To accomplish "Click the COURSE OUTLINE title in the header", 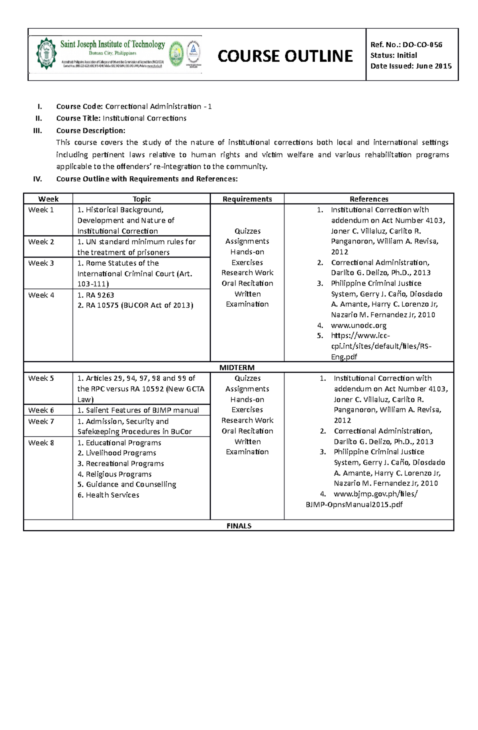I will (285, 56).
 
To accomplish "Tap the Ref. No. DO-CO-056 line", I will (406, 45).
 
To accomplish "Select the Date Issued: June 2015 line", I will (411, 66).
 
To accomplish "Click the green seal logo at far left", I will (46, 54).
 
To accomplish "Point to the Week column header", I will (48, 199).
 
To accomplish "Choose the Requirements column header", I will (247, 199).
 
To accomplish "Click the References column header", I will (369, 199).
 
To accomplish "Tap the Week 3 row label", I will (41, 263).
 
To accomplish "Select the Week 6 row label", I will (41, 410).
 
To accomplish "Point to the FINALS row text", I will (239, 526).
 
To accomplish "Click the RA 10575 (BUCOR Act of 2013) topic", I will (135, 306).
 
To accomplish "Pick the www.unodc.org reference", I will (358, 325).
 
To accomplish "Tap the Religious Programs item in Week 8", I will (115, 474).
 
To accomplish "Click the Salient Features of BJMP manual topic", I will (138, 410).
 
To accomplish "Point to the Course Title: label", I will (78, 118).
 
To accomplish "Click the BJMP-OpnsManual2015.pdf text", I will (354, 505).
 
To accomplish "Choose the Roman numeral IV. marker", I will (37, 179).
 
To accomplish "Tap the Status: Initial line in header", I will (394, 56).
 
